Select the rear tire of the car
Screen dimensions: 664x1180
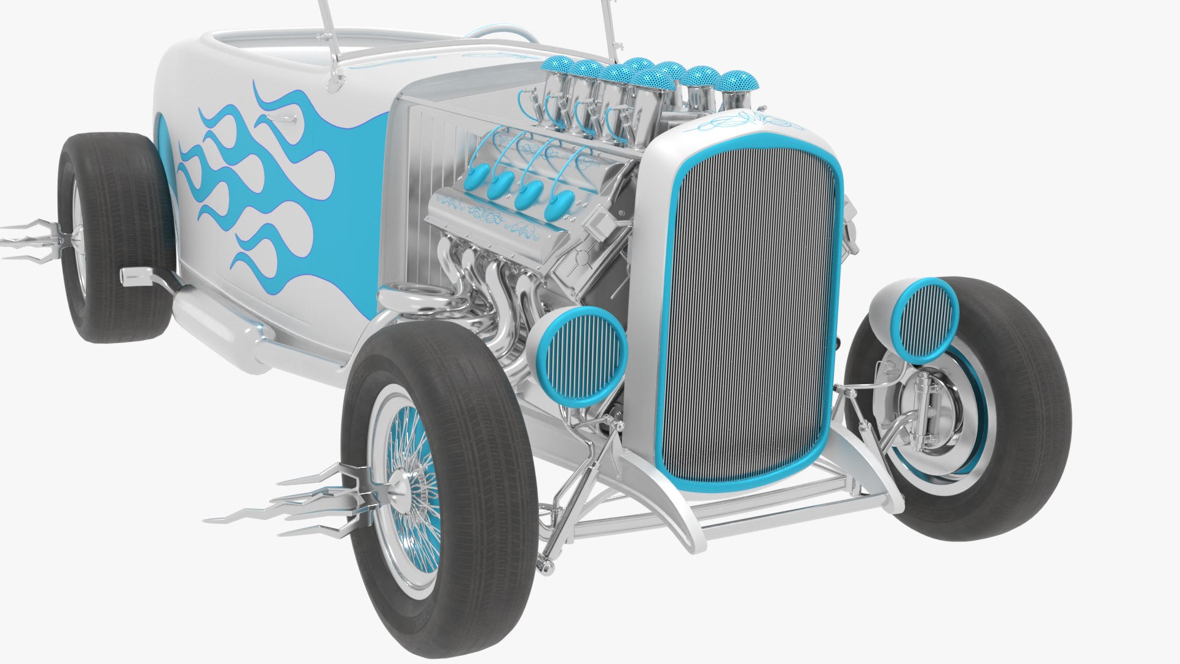117,240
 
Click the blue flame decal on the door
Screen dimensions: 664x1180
264,184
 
